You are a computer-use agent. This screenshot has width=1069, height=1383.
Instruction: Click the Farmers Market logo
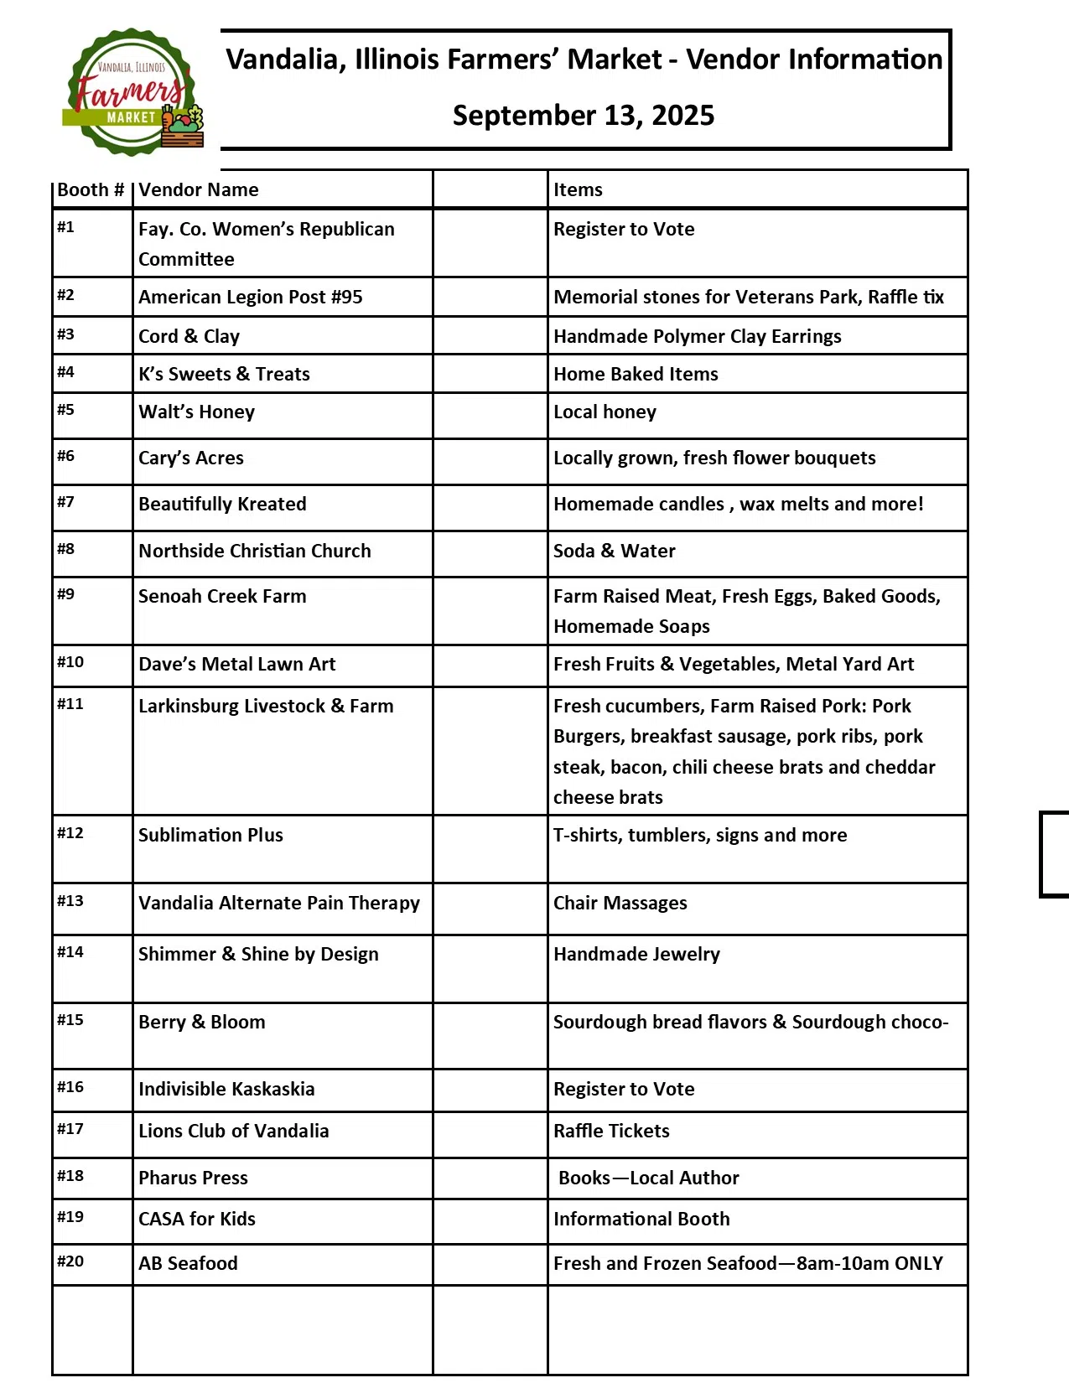[x=132, y=93]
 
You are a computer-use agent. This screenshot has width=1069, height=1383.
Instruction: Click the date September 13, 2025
[x=583, y=116]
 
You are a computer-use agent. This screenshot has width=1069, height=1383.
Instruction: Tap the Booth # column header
[x=91, y=189]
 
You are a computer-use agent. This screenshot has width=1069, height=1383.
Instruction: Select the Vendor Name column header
[x=199, y=189]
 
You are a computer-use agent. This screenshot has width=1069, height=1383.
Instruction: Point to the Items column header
[x=578, y=189]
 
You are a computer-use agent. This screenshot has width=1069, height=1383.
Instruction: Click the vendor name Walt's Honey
[x=196, y=412]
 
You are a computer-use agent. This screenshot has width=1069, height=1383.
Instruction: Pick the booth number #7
[x=66, y=502]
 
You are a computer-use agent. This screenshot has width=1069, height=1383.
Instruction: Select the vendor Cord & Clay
[x=189, y=337]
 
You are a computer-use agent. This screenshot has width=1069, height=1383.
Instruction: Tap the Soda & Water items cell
[x=614, y=552]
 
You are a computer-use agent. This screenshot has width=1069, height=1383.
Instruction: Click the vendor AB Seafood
[x=188, y=1263]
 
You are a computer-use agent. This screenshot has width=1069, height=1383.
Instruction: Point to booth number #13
[x=70, y=901]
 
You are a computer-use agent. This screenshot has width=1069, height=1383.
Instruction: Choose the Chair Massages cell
[x=620, y=904]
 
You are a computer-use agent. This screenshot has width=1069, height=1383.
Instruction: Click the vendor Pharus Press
[x=193, y=1178]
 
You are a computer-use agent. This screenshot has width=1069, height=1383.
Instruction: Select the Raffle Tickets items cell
[x=611, y=1132]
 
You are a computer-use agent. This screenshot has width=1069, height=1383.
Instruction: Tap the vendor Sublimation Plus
[x=210, y=836]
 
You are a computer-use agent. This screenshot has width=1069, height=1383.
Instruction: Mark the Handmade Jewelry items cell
[x=636, y=955]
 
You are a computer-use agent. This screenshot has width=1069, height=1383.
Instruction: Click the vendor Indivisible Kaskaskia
[x=226, y=1090]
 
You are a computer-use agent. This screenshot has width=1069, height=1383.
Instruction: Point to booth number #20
[x=70, y=1261]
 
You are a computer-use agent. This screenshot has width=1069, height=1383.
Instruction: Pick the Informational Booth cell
[x=641, y=1220]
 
